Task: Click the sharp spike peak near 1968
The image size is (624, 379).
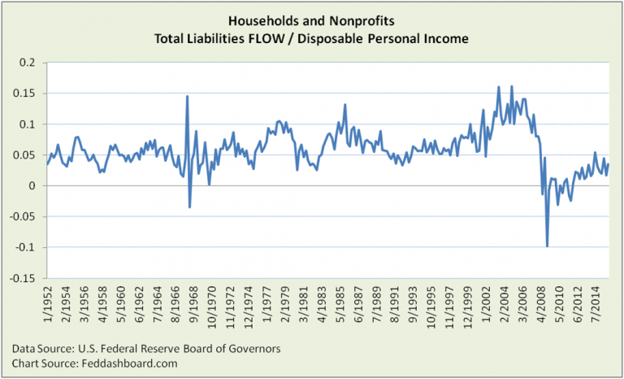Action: [188, 96]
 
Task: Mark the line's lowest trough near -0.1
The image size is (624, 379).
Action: [547, 246]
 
